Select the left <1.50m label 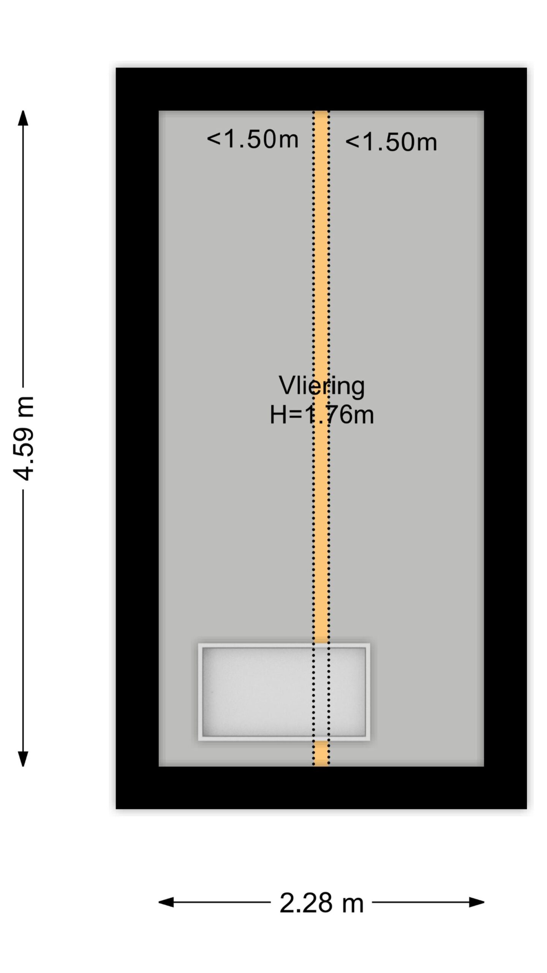click(253, 139)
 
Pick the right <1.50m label click(391, 143)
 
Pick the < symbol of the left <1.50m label click(213, 139)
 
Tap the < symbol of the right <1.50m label click(352, 143)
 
